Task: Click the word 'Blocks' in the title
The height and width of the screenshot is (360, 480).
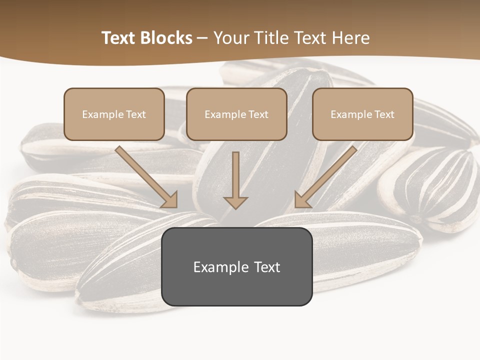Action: [x=167, y=38]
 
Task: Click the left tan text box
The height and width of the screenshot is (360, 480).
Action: [x=114, y=114]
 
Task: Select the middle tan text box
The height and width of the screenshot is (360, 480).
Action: [x=236, y=114]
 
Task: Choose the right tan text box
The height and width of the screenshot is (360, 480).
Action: [x=362, y=114]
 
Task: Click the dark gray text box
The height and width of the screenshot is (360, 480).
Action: [x=237, y=267]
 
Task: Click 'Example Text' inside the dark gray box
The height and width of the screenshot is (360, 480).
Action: [x=237, y=267]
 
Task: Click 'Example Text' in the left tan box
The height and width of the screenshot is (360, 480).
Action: [x=114, y=114]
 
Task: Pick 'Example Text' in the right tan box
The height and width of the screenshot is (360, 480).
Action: [x=362, y=114]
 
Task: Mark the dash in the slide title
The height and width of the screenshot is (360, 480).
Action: [x=202, y=38]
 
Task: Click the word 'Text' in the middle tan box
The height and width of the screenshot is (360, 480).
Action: [x=258, y=114]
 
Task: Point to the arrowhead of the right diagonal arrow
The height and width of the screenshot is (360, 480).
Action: [x=301, y=200]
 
